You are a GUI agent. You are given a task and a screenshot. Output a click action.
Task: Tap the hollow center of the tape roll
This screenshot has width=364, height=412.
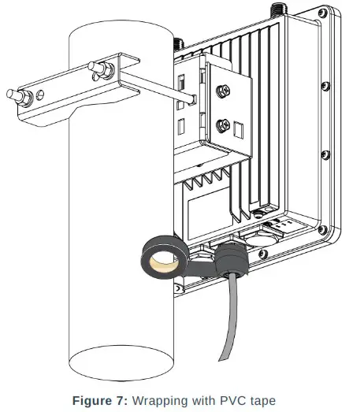coord(162,262)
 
